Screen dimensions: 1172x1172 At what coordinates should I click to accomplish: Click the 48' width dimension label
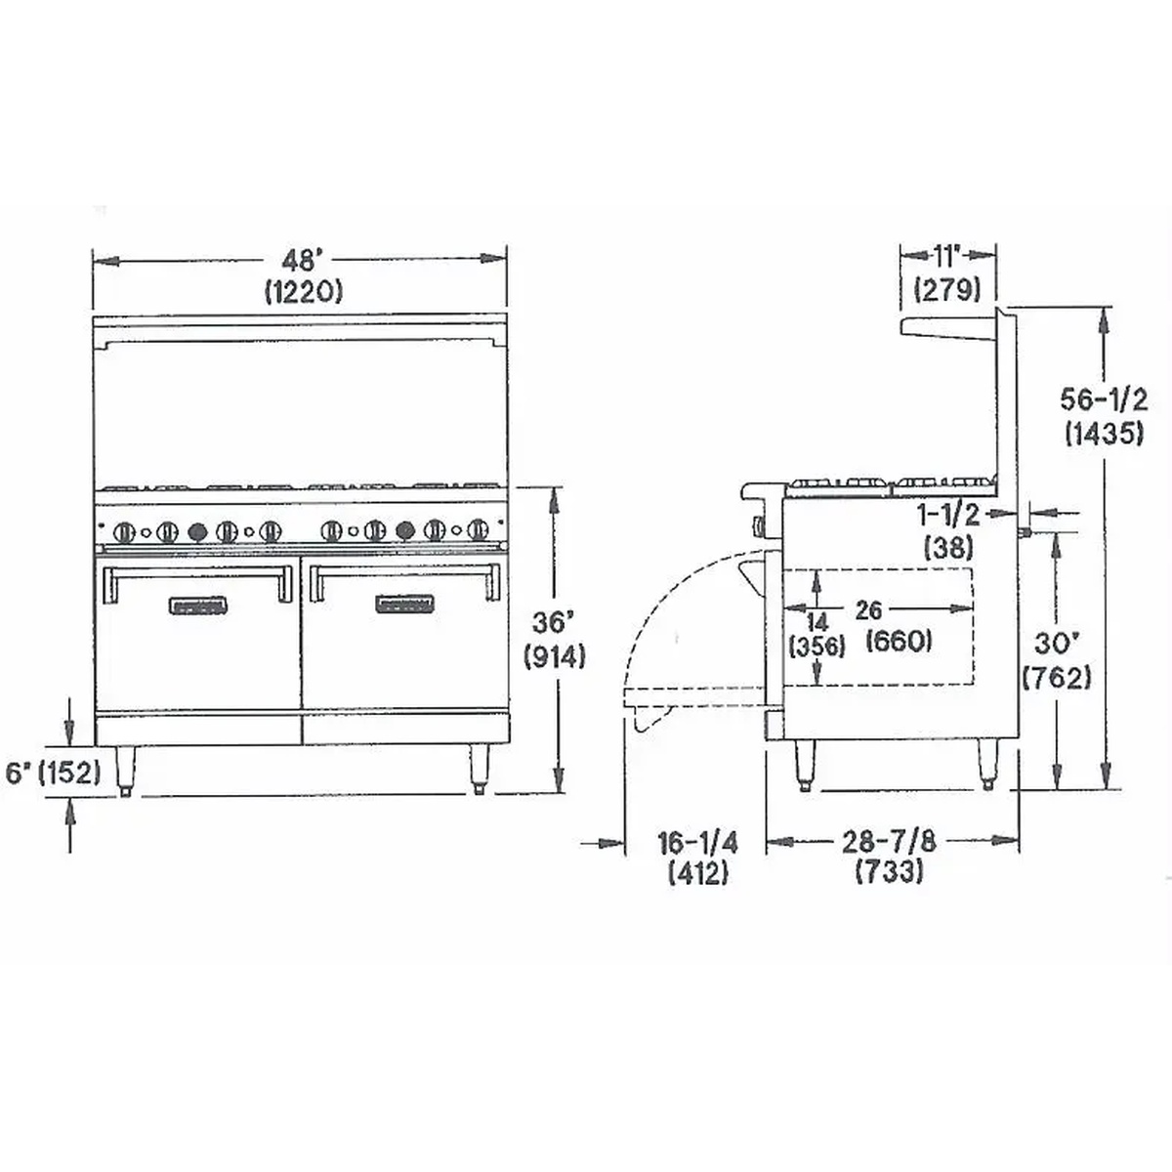point(302,261)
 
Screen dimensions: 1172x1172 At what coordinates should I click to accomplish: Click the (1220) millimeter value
point(302,290)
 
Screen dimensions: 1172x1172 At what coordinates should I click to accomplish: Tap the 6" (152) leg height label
point(54,773)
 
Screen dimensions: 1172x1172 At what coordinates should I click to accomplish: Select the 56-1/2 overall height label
point(1104,399)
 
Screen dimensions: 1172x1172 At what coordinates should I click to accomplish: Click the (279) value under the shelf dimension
point(945,289)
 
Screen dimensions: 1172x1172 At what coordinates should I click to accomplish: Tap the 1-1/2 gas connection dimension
point(947,515)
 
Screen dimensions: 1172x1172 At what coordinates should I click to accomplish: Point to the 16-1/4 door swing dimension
point(697,841)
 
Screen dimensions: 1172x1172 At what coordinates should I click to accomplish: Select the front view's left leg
point(127,769)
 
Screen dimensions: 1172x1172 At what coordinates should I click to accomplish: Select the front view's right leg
point(479,769)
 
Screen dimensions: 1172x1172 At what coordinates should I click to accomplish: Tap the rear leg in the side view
point(988,764)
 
